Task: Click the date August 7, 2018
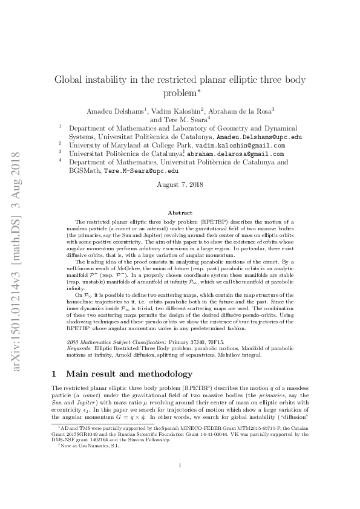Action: (x=180, y=184)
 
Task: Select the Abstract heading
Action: (x=180, y=213)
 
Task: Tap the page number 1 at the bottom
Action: (x=180, y=482)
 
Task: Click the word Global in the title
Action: (x=72, y=80)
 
